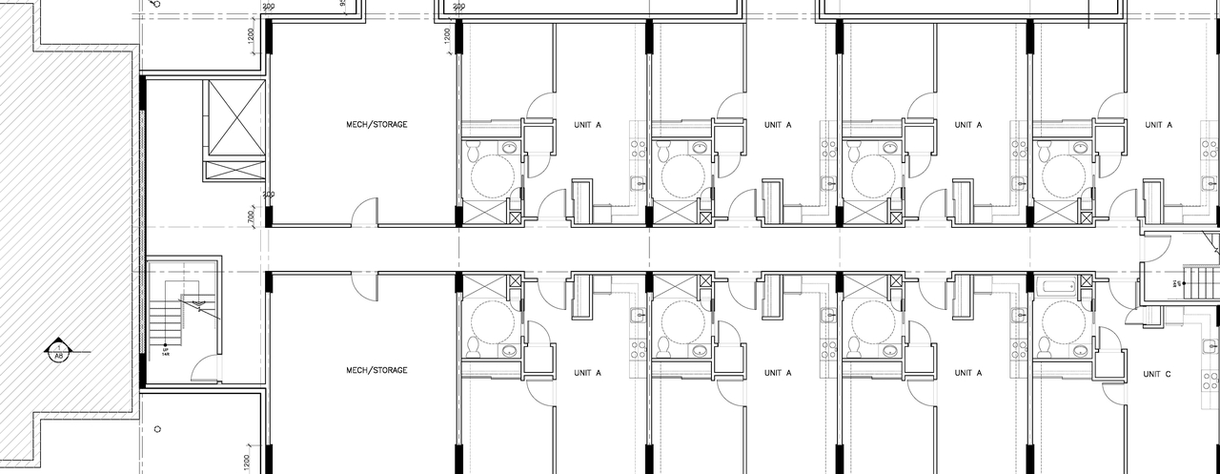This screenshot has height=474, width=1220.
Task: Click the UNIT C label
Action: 1156,373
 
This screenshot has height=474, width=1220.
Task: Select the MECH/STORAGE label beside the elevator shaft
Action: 376,124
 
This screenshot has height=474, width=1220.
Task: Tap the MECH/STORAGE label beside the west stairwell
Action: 376,370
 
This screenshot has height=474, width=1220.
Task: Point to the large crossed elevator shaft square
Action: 235,117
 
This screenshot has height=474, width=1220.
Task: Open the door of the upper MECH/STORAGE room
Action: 364,213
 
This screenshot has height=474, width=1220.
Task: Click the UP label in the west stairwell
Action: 165,350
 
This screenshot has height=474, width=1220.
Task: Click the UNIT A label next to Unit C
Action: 967,373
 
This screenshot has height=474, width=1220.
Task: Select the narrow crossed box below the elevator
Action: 234,170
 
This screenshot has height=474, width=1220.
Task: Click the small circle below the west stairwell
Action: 157,428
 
